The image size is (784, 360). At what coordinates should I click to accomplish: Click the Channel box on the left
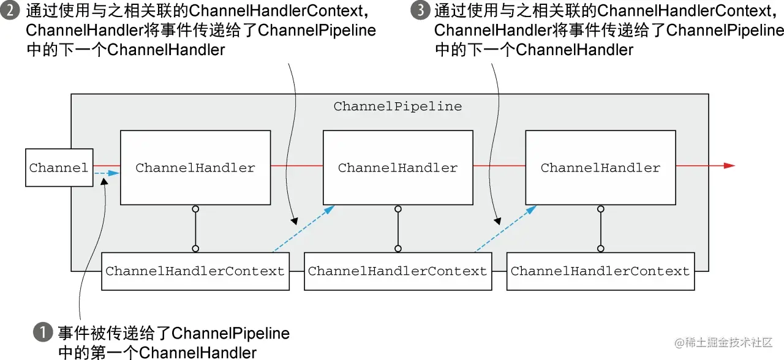point(59,168)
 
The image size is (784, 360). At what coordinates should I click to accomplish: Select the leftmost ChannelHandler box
point(195,168)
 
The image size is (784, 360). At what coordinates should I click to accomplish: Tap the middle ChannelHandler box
point(398,168)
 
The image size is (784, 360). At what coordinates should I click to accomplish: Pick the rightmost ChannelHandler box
point(600,168)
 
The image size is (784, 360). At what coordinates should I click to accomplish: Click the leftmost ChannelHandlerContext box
point(195,271)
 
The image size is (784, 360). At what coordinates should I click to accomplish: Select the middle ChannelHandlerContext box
point(398,271)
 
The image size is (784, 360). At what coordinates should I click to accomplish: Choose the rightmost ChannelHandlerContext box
point(600,271)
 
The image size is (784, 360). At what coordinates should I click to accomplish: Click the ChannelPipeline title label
point(398,107)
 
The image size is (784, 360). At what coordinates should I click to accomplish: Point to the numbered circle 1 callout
point(42,334)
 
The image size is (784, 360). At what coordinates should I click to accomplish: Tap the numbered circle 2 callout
point(12,12)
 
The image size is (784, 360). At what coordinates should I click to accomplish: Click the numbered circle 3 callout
point(420,12)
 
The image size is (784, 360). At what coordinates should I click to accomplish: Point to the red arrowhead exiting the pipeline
point(728,165)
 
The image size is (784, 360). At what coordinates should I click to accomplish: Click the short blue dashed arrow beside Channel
point(106,174)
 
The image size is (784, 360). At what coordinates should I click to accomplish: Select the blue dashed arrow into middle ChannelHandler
point(303,229)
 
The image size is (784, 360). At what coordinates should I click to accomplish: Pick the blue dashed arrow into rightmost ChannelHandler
point(505,229)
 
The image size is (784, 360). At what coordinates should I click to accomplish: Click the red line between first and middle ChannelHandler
point(296,165)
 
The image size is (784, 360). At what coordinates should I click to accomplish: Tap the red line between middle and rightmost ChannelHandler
point(499,165)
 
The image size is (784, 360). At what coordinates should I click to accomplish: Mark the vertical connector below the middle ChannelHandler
point(398,229)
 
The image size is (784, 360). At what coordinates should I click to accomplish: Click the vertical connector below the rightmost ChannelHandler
point(601,229)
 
